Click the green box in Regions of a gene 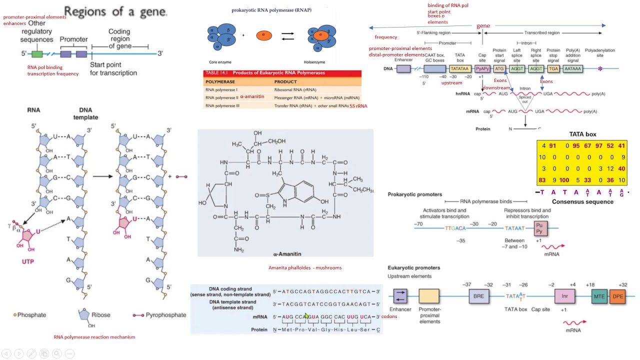(37, 54)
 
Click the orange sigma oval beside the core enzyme (263, 35)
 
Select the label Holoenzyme (314, 62)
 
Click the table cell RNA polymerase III (222, 106)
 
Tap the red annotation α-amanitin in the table (252, 97)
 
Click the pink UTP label (28, 261)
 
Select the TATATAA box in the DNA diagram (459, 69)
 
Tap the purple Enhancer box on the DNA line (403, 69)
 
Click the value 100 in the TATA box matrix (564, 180)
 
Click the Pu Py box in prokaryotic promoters (541, 228)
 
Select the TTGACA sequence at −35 (455, 228)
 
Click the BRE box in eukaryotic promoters (478, 296)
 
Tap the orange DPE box (618, 296)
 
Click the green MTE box (599, 296)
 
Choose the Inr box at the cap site (564, 296)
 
